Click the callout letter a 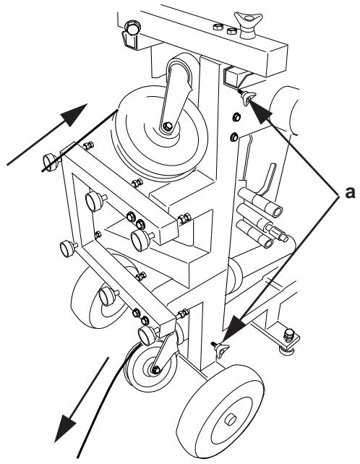pos(350,192)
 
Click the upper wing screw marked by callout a pos(247,98)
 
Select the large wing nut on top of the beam pos(248,25)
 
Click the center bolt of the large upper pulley pos(168,126)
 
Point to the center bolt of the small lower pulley pos(156,369)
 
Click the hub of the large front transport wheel pos(230,419)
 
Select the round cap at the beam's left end pos(132,29)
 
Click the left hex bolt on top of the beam pos(218,27)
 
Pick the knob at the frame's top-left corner pos(51,162)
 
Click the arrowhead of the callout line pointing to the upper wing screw pos(261,112)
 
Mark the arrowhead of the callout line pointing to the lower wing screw pos(233,327)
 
